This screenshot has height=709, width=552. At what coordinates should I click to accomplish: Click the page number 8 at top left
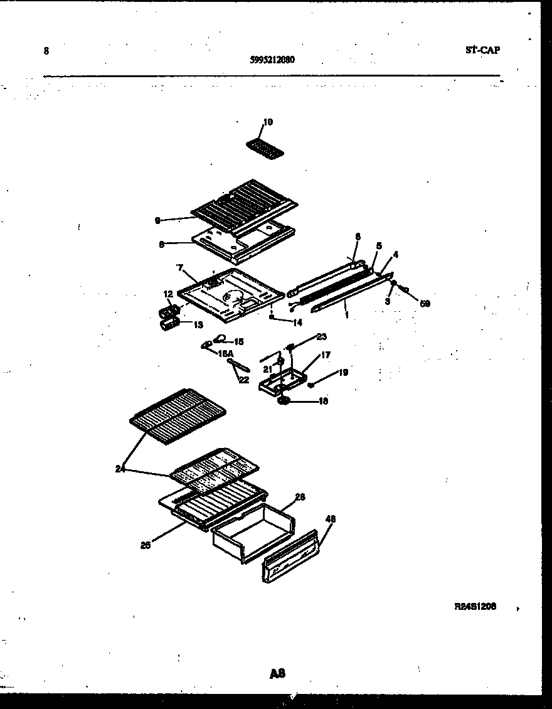46,51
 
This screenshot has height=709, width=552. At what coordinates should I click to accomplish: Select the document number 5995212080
272,60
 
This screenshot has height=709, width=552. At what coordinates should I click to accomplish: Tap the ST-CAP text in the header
482,50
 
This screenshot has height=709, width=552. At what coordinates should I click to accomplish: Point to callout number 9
157,220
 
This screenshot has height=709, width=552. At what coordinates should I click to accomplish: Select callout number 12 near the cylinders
168,294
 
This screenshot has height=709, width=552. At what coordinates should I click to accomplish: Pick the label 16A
225,353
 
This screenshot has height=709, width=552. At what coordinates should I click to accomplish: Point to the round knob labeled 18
283,400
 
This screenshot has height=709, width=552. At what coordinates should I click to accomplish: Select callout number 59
425,304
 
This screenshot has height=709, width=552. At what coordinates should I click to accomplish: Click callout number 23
321,337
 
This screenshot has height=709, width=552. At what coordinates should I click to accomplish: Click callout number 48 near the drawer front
331,519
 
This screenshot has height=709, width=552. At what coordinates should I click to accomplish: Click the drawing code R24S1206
475,607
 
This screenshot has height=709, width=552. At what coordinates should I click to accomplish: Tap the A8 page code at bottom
277,674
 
